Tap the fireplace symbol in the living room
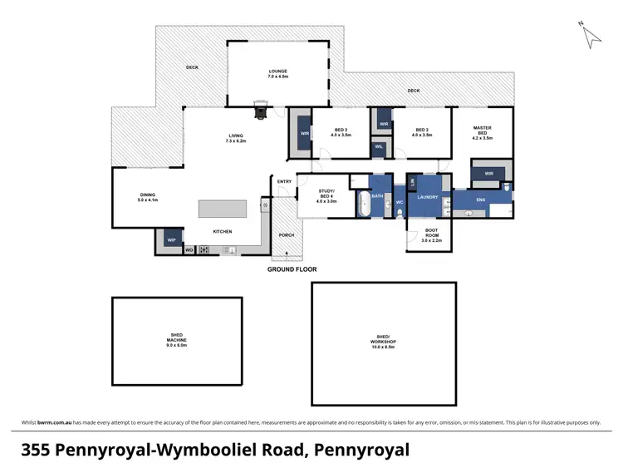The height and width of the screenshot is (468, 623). tap(261, 109)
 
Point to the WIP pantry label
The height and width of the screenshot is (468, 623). tap(172, 239)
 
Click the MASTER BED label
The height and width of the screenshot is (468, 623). tap(482, 131)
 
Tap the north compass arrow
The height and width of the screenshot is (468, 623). tap(591, 35)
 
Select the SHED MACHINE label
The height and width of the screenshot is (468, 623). tap(174, 339)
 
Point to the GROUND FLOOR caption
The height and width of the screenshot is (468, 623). tap(292, 269)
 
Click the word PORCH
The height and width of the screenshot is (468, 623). tap(286, 234)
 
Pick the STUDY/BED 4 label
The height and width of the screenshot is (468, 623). tap(326, 195)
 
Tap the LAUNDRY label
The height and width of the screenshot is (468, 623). tap(428, 197)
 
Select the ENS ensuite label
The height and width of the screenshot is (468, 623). tap(480, 200)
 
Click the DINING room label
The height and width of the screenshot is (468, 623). tap(147, 197)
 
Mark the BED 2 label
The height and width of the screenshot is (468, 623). tap(421, 131)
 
